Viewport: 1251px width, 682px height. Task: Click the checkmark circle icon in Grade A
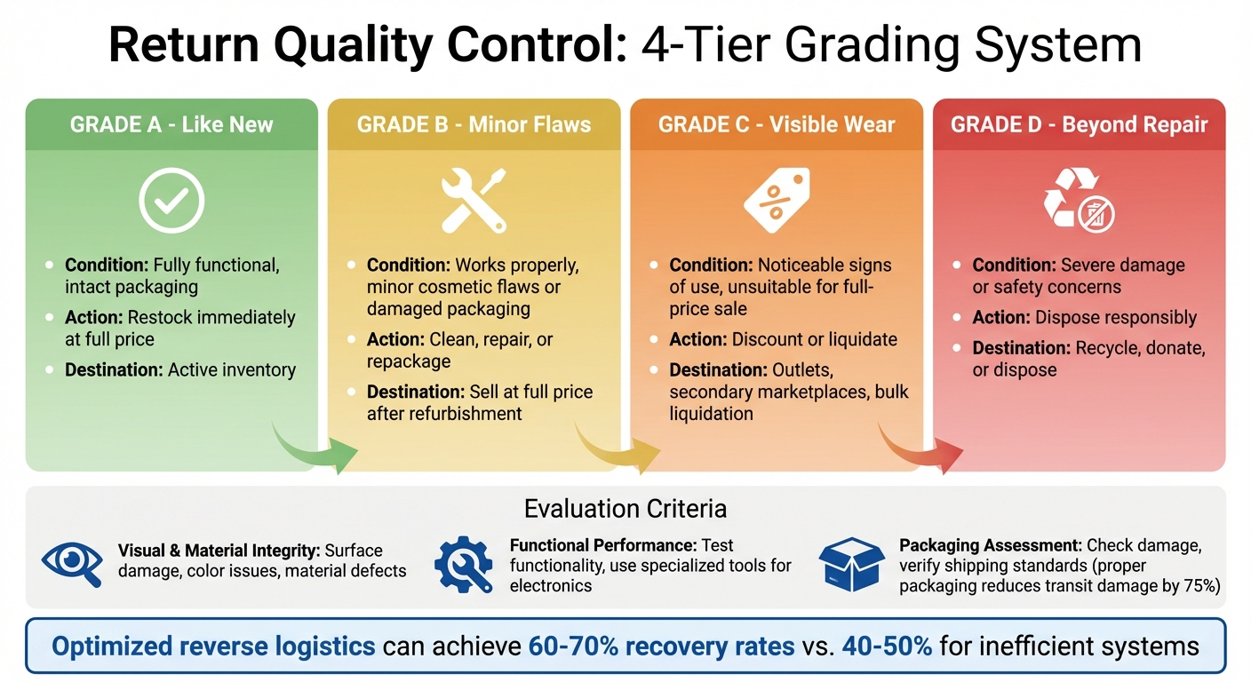pyautogui.click(x=171, y=201)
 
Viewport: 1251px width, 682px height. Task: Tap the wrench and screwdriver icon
pyautogui.click(x=474, y=201)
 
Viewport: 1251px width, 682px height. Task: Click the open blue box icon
pyautogui.click(x=850, y=563)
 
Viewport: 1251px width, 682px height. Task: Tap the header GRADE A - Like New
pyautogui.click(x=171, y=124)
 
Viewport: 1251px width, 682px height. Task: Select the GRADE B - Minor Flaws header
pyautogui.click(x=474, y=124)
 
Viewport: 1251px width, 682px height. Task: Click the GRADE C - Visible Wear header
pyautogui.click(x=776, y=124)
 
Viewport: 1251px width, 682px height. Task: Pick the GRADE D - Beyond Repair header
pyautogui.click(x=1079, y=124)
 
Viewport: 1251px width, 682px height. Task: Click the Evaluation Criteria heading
pyautogui.click(x=625, y=509)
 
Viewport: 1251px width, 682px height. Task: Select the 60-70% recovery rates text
pyautogui.click(x=661, y=646)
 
